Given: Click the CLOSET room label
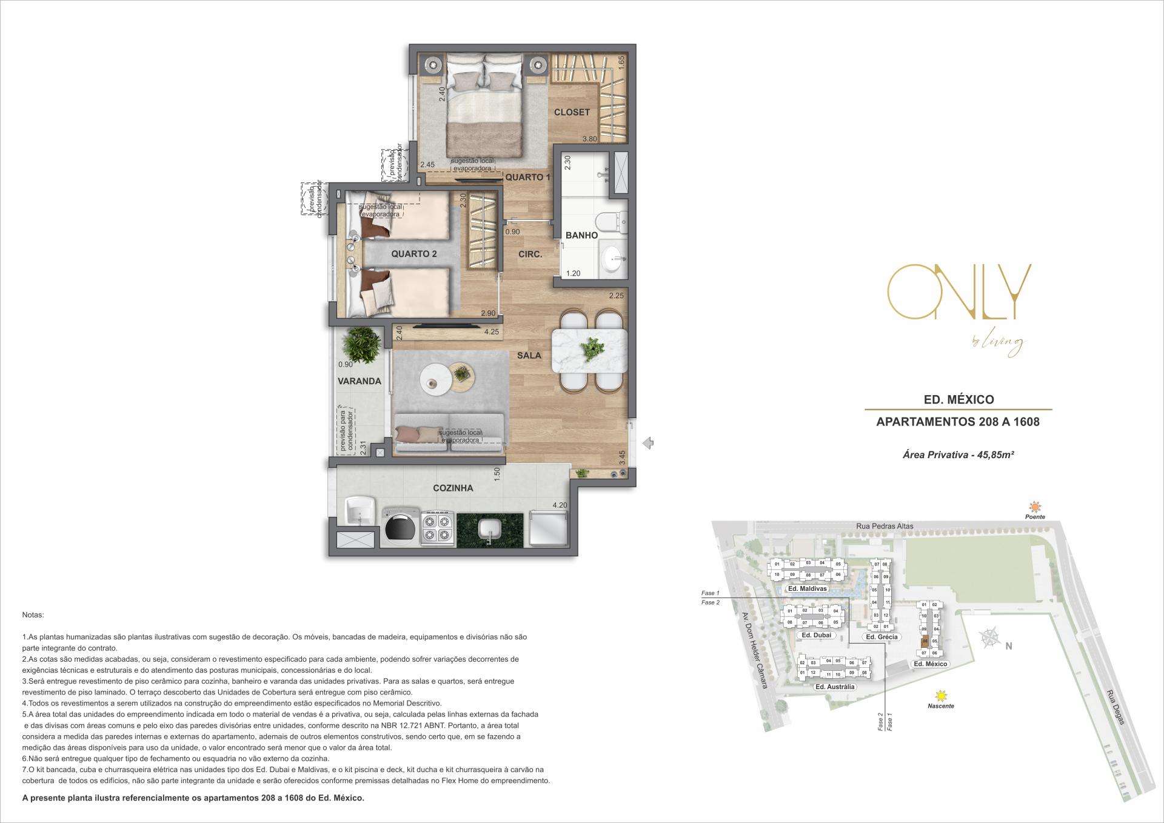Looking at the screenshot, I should tap(571, 112).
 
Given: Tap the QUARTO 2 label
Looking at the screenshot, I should tap(413, 254).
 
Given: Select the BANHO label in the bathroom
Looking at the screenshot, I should tap(581, 235).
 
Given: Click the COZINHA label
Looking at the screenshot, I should tap(453, 488).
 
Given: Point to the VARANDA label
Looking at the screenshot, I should tap(359, 381).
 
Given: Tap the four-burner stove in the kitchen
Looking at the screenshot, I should tap(437, 527).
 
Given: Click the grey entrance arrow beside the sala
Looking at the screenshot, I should tap(647, 443).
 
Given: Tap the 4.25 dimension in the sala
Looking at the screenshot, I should tap(491, 332).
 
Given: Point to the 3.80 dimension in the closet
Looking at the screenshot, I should tap(589, 139).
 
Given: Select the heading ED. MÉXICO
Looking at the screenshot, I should tap(957, 400).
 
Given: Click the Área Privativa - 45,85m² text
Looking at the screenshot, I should tap(958, 455).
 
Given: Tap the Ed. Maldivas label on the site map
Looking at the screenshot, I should tap(806, 589).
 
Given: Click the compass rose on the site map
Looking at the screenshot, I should tap(989, 638).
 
